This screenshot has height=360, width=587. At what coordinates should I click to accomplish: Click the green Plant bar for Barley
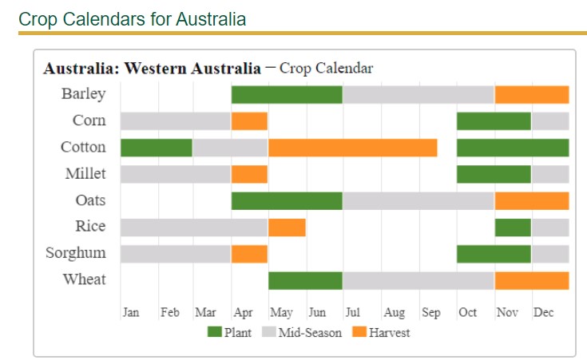tap(287, 94)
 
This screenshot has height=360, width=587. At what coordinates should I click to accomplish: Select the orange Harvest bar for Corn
tap(249, 121)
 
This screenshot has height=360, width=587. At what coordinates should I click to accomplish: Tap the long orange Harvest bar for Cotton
tap(352, 148)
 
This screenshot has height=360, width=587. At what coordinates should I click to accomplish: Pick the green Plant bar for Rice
tap(513, 227)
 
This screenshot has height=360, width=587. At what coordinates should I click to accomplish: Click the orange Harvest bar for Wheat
tap(531, 280)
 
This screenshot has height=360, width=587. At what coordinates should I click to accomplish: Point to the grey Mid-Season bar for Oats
tap(418, 200)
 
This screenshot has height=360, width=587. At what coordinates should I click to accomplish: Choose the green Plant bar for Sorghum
tap(494, 254)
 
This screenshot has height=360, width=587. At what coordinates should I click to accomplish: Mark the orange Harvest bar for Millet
tap(249, 174)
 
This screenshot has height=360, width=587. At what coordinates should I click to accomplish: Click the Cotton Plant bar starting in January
tap(157, 148)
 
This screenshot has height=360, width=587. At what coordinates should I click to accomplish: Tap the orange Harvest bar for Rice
tap(287, 227)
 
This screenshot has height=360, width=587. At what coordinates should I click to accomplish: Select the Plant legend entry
tap(229, 332)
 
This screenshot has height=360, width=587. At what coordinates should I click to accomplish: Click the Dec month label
tap(543, 312)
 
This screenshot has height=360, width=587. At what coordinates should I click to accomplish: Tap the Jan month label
tap(130, 312)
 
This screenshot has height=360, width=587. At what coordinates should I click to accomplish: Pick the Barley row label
tap(83, 94)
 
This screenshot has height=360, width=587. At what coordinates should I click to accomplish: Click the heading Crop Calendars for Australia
tap(132, 18)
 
